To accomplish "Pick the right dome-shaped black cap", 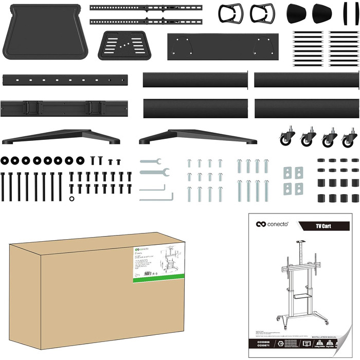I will click(322, 12).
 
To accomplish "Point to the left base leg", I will click(61, 136).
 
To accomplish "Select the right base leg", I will click(197, 136).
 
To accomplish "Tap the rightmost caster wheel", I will click(350, 138).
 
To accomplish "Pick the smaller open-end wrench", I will click(150, 161).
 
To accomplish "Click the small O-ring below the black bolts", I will click(70, 199).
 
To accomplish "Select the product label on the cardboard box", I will click(158, 262).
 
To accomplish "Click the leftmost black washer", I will click(5, 160).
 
